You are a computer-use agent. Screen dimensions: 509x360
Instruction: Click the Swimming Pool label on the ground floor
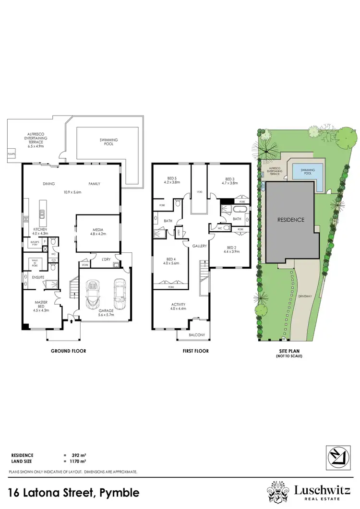coord(108,142)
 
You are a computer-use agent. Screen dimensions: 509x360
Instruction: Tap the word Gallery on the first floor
coord(200,246)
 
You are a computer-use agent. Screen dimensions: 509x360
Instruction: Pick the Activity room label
coord(178,305)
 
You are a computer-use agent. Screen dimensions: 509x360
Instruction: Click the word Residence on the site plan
coord(291,220)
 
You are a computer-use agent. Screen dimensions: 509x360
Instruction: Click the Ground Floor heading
coord(69,351)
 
